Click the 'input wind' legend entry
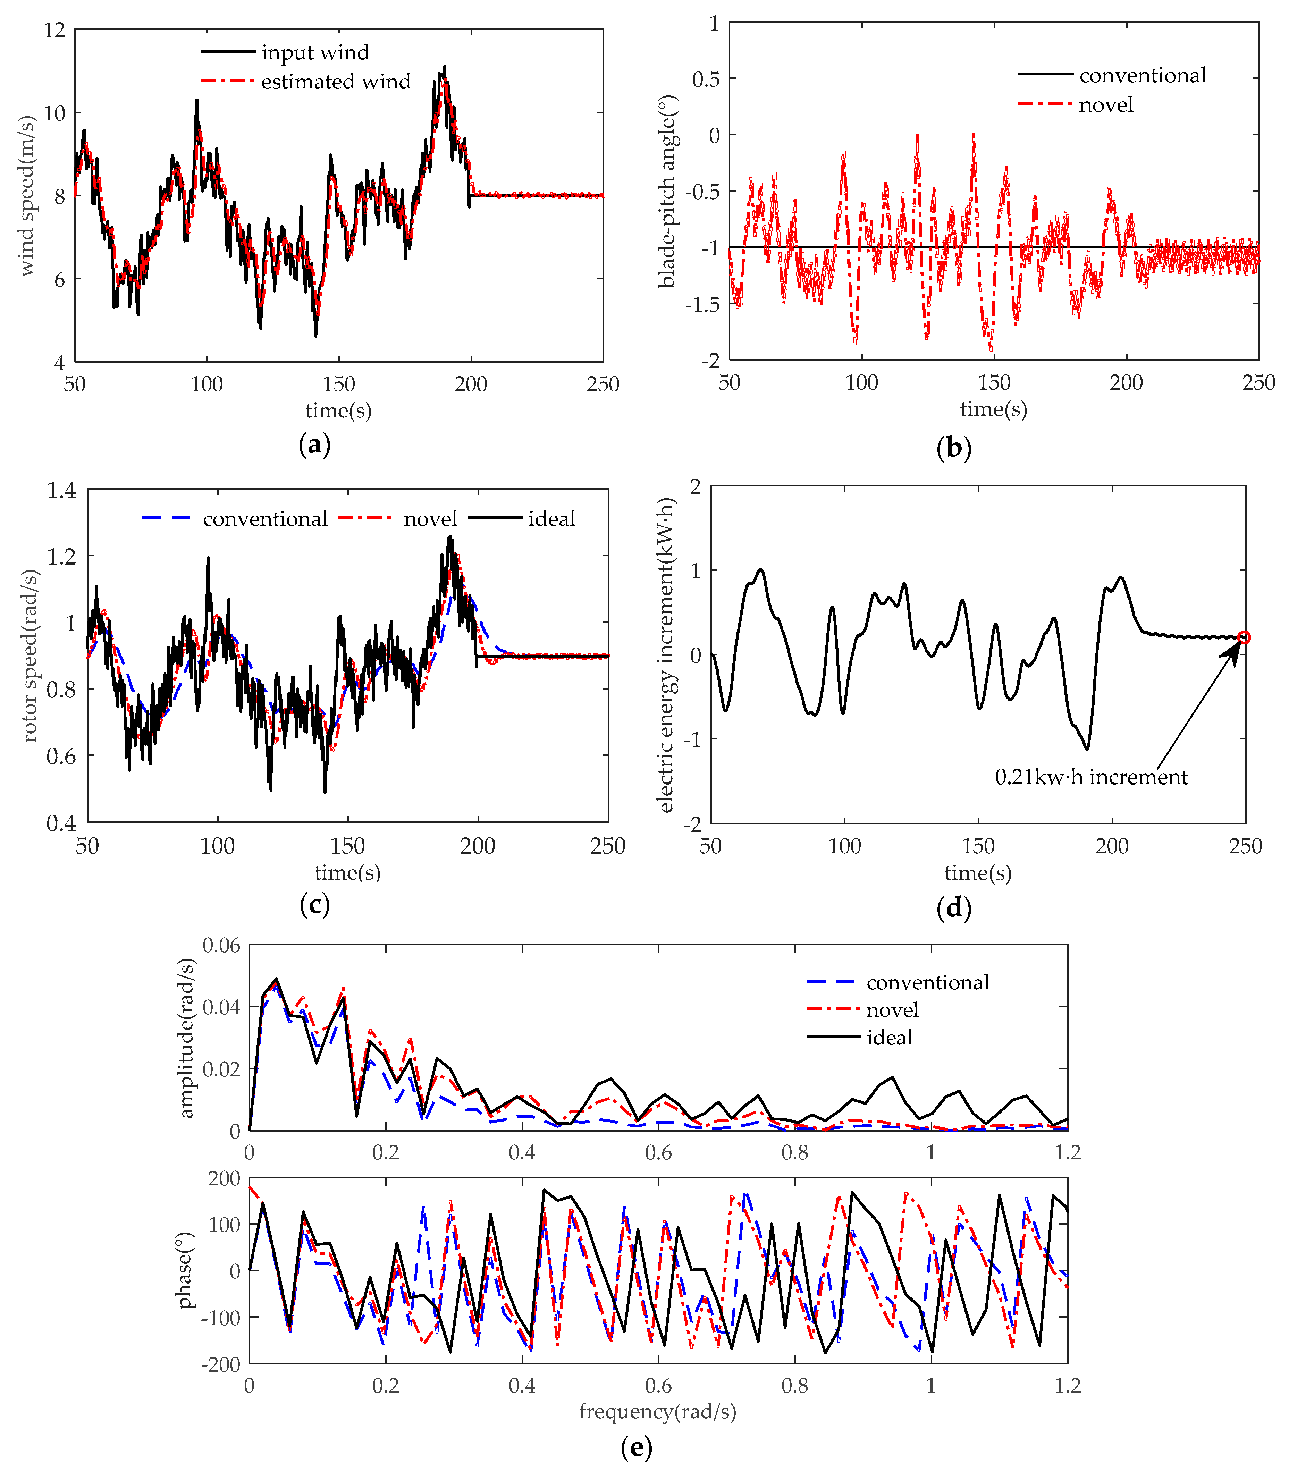(314, 52)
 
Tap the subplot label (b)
(954, 448)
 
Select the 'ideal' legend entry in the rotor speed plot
(551, 518)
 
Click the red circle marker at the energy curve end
(1244, 637)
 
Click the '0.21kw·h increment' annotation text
(1090, 777)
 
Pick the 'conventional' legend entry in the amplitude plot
(927, 982)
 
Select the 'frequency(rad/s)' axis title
(657, 1412)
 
